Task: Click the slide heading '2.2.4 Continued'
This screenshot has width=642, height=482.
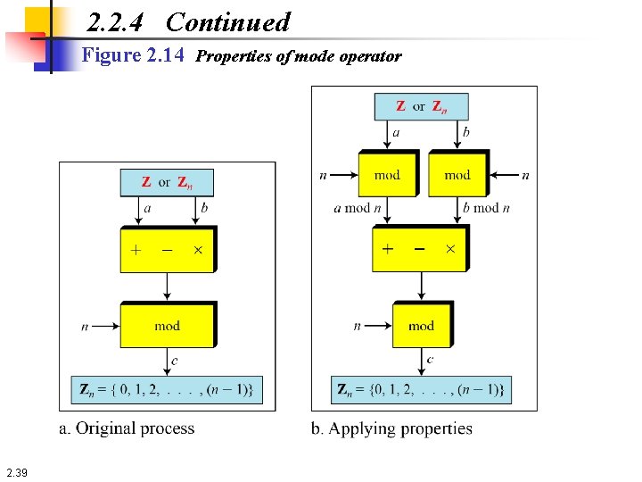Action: point(189,22)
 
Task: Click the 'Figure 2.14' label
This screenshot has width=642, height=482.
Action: point(133,56)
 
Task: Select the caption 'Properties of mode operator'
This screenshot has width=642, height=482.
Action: point(299,57)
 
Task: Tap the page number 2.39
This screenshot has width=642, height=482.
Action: point(16,472)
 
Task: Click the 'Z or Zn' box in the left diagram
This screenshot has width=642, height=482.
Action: point(167,182)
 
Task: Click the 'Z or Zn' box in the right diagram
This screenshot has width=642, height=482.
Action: point(421,106)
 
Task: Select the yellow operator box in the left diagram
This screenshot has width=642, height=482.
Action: point(167,249)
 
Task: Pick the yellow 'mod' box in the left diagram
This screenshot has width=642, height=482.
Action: point(167,326)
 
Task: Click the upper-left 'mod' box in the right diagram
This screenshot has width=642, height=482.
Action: point(387,175)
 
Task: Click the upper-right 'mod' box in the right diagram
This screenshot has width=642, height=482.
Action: point(457,175)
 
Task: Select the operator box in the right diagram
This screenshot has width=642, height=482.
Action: point(419,249)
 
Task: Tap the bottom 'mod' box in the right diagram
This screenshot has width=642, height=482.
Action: point(422,326)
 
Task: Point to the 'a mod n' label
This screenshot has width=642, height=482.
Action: point(358,208)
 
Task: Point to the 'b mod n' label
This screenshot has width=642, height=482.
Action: point(486,208)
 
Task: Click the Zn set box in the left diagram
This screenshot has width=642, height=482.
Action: point(167,390)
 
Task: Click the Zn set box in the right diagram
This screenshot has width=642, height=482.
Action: point(422,390)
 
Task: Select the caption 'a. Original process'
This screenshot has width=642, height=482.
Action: point(127,428)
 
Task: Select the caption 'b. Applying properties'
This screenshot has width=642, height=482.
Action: point(391,428)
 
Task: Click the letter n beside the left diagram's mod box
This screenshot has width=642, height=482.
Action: point(85,327)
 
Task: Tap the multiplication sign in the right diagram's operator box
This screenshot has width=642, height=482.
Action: point(450,249)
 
